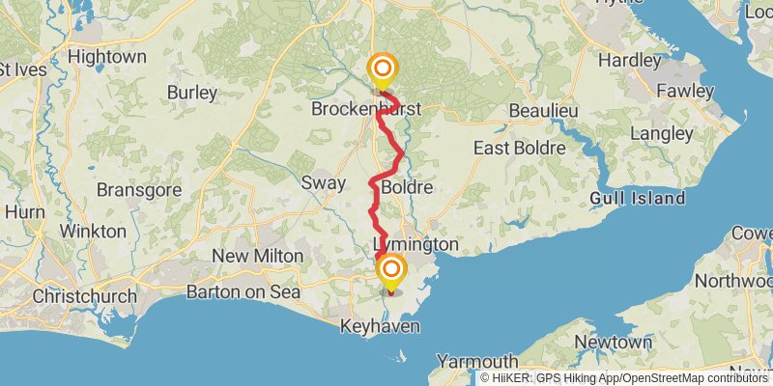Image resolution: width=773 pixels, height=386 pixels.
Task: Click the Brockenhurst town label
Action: pyautogui.click(x=366, y=110)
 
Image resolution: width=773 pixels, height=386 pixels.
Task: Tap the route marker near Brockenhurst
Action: pyautogui.click(x=383, y=69)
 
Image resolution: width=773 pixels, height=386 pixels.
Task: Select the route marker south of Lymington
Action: pyautogui.click(x=391, y=270)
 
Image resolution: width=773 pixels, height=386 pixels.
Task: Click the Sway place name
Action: pyautogui.click(x=322, y=182)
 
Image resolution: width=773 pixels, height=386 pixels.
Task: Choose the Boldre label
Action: pyautogui.click(x=407, y=185)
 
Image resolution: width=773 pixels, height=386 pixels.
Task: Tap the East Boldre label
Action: pyautogui.click(x=518, y=148)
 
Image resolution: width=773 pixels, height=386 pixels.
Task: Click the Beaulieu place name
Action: pyautogui.click(x=543, y=111)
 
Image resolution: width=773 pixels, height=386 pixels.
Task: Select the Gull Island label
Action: pyautogui.click(x=638, y=199)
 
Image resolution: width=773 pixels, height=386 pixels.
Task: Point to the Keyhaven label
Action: pyautogui.click(x=380, y=327)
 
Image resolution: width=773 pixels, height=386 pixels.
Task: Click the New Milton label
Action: pyautogui.click(x=257, y=256)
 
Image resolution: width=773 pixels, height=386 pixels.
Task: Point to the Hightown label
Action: pyautogui.click(x=107, y=57)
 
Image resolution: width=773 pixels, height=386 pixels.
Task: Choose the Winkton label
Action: pyautogui.click(x=93, y=232)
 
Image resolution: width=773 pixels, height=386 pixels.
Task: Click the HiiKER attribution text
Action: pyautogui.click(x=624, y=378)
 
